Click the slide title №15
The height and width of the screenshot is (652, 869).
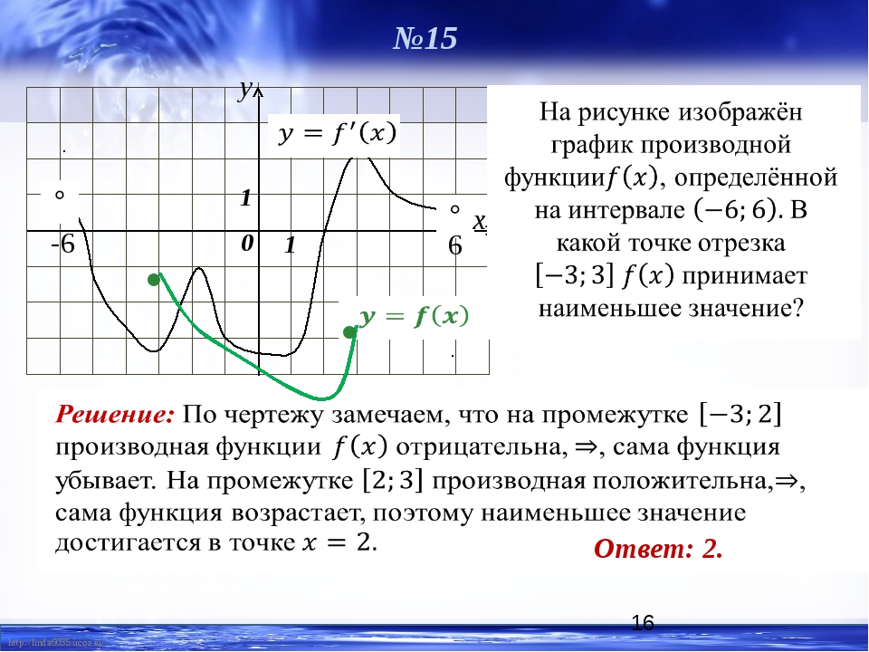(425, 38)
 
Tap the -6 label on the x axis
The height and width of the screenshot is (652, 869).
(62, 244)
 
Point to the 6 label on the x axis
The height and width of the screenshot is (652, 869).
(455, 245)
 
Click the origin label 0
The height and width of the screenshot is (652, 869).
(247, 243)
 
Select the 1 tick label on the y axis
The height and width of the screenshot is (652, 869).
(245, 197)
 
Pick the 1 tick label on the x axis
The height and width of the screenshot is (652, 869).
(290, 244)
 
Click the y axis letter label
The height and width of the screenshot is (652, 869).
(244, 89)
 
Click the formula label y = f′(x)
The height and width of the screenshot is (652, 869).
(337, 133)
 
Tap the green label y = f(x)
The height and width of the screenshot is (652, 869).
(414, 316)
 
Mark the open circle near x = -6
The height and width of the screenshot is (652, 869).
(60, 195)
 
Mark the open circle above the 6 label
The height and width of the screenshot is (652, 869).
(455, 209)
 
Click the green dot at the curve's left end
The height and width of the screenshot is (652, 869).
(154, 280)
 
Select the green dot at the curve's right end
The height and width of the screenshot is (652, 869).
(349, 332)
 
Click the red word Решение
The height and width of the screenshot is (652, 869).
(115, 415)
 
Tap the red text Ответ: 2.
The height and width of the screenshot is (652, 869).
(658, 549)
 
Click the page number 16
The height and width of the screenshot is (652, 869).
(643, 623)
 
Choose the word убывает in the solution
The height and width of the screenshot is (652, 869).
(104, 480)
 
